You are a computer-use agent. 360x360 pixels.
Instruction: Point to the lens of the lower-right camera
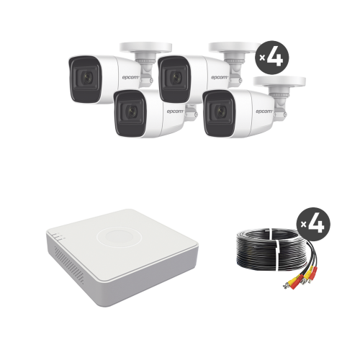click(220, 110)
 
